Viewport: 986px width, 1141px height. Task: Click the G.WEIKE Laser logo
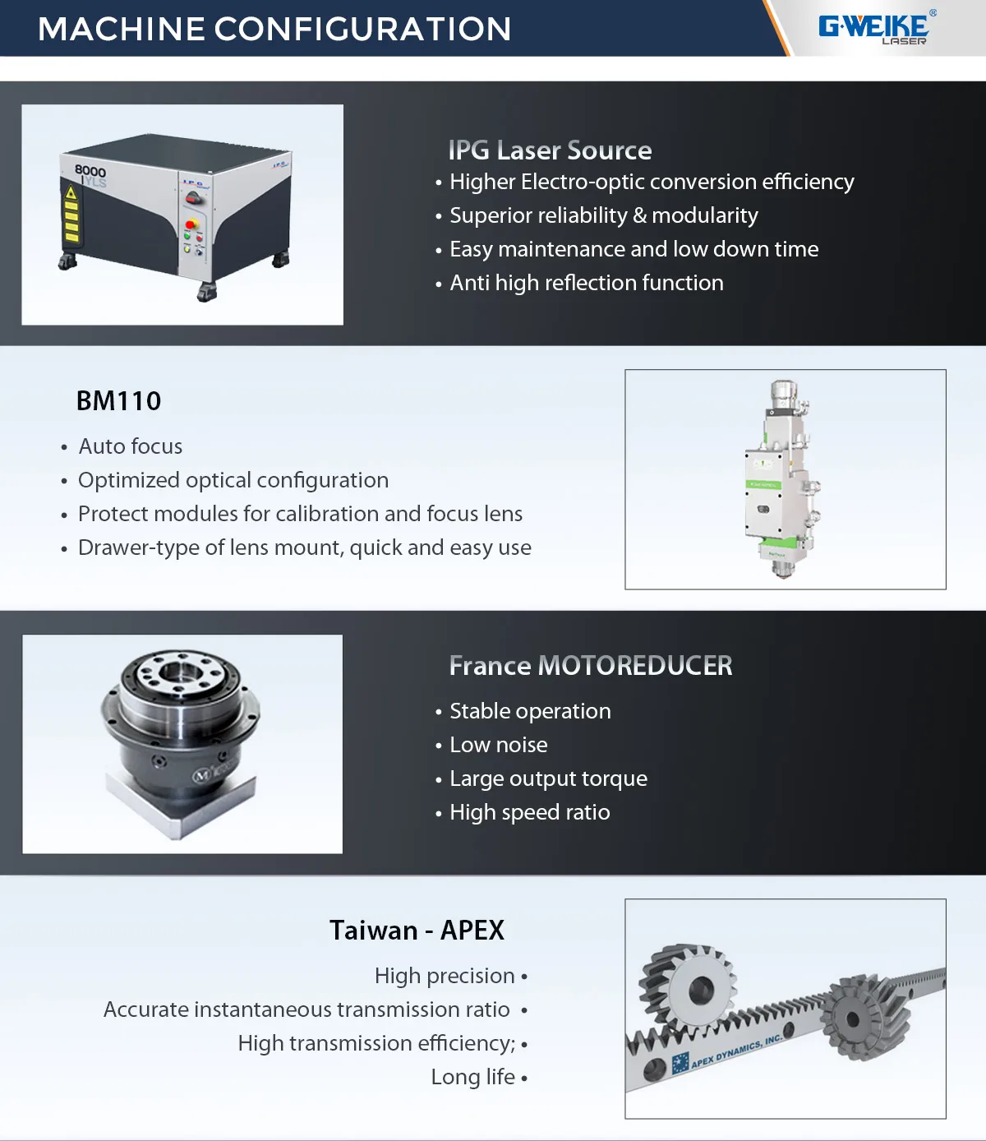click(x=875, y=28)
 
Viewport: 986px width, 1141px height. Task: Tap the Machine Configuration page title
click(x=274, y=30)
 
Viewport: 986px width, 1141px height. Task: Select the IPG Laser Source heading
click(x=550, y=150)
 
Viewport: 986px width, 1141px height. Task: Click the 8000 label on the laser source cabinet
click(x=90, y=171)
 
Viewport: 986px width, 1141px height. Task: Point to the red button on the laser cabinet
click(x=191, y=224)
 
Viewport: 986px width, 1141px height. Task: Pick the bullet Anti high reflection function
click(x=586, y=283)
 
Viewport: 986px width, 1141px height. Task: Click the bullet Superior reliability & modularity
click(x=603, y=215)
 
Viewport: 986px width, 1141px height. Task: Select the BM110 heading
click(x=118, y=401)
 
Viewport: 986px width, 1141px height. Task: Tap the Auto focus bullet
click(x=130, y=446)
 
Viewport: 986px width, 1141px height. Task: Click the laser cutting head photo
click(x=784, y=478)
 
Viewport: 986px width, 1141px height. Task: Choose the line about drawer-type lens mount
click(x=304, y=547)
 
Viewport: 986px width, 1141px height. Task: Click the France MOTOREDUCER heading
click(x=590, y=666)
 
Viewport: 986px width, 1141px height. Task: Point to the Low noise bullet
click(x=498, y=745)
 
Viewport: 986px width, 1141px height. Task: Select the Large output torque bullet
click(x=548, y=778)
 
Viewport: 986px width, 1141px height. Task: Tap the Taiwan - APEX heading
click(x=417, y=931)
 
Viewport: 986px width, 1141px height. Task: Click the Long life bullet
click(x=473, y=1077)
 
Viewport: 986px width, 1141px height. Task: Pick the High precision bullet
click(x=445, y=976)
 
